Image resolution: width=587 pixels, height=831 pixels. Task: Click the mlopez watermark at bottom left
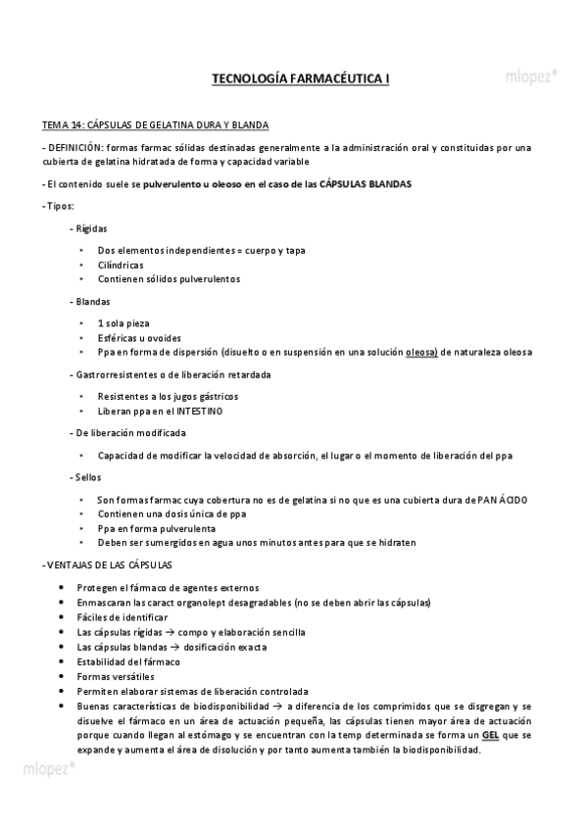point(49,767)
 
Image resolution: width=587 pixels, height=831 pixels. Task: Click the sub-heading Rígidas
point(91,227)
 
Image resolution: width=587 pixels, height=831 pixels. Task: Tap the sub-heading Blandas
point(92,301)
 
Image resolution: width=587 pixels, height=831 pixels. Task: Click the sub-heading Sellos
point(87,476)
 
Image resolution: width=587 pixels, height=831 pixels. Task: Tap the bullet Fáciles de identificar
point(122,617)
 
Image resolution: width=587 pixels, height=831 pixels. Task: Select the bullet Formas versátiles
point(115,676)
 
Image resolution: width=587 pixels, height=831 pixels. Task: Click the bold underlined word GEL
point(490,734)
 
